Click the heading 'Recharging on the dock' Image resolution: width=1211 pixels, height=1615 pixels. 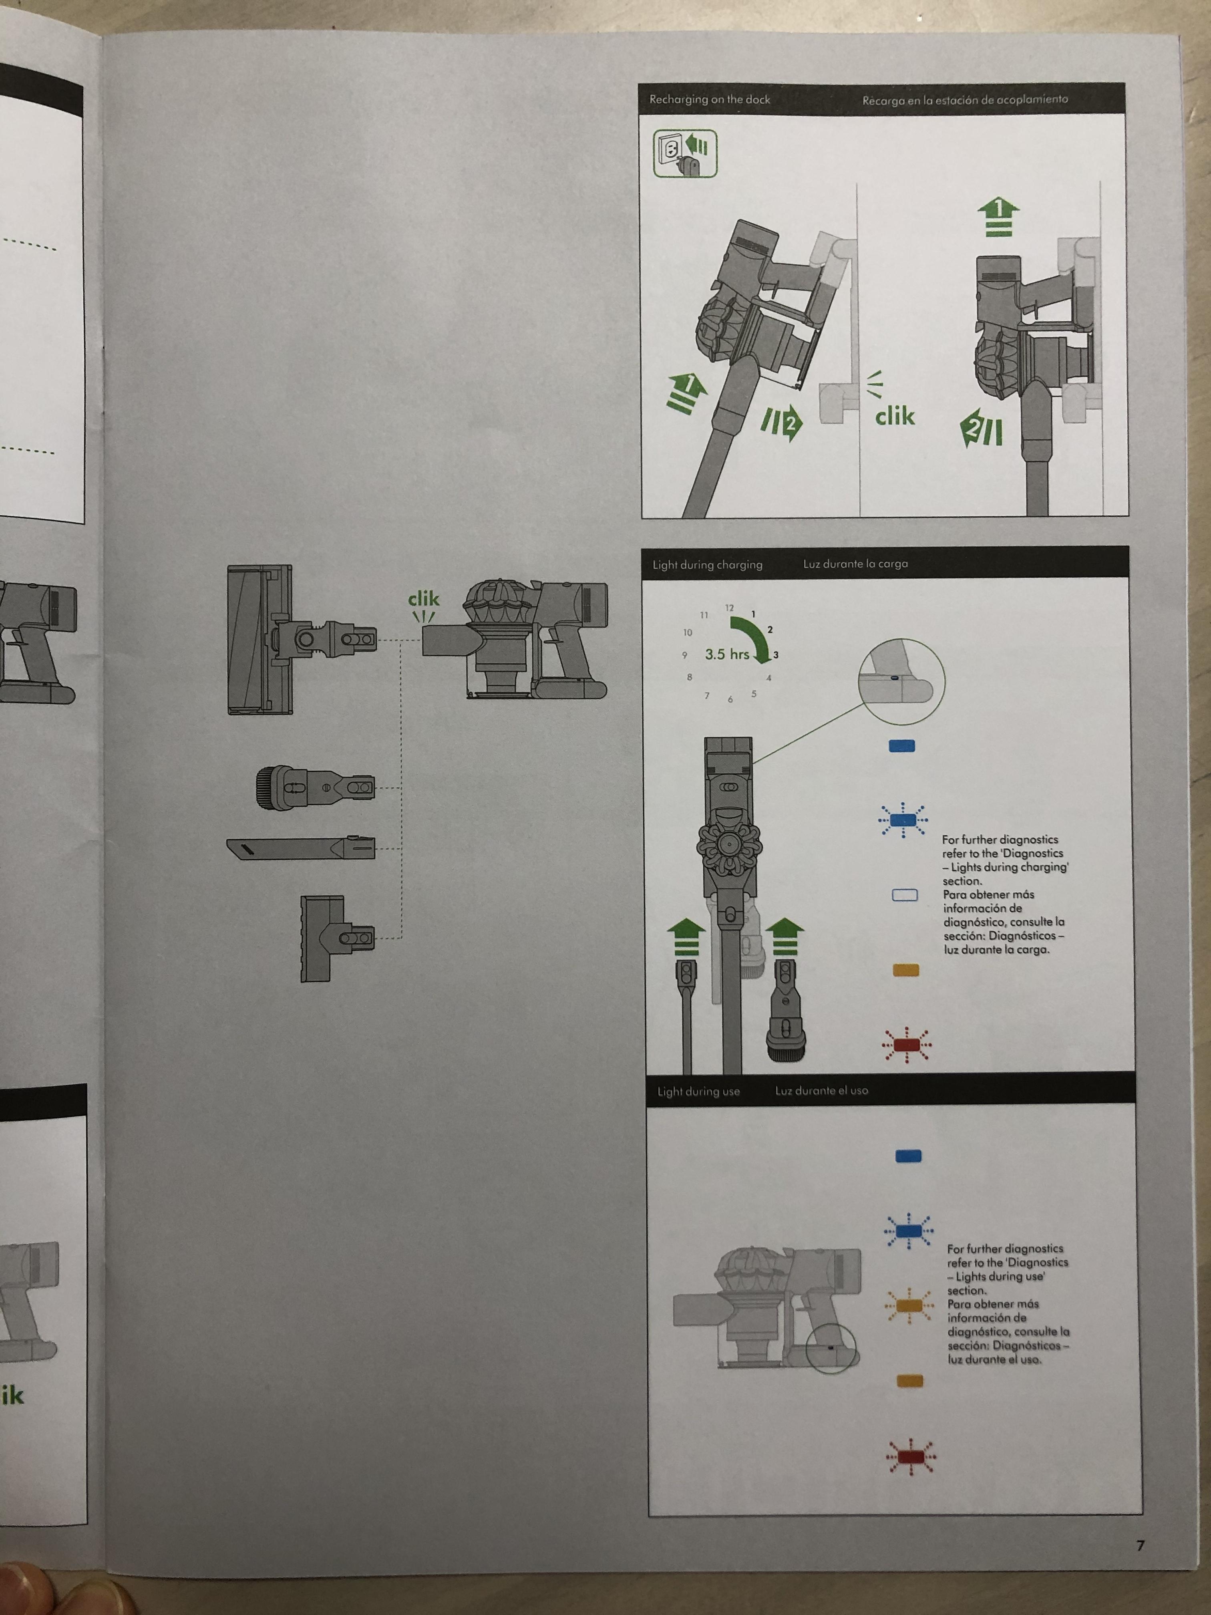click(x=710, y=99)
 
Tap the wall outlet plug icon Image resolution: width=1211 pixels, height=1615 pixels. click(x=685, y=153)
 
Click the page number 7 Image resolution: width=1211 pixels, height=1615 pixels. click(x=1140, y=1545)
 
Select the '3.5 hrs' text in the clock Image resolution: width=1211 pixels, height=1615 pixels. click(x=727, y=654)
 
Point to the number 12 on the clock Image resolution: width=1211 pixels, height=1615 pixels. click(x=729, y=608)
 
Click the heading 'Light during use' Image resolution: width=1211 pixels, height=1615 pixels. click(x=698, y=1091)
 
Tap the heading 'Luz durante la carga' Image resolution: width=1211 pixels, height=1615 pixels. click(x=855, y=564)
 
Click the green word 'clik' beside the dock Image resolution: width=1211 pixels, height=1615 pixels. click(x=895, y=416)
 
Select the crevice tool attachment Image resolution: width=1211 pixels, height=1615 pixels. click(x=301, y=848)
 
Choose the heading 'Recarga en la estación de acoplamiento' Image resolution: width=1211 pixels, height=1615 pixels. click(x=965, y=99)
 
